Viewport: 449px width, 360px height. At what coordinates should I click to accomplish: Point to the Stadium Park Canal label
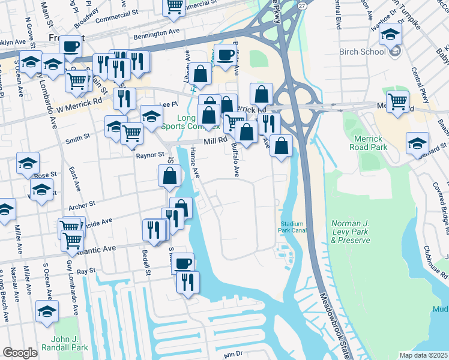coord(294,228)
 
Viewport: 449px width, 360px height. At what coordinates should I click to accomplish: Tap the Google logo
coord(20,353)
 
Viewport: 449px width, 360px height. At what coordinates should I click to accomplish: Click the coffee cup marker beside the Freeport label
coord(70,46)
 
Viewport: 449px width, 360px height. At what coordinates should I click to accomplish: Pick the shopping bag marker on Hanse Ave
coord(170,175)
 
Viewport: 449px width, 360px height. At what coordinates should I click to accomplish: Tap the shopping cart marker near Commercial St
coord(174,7)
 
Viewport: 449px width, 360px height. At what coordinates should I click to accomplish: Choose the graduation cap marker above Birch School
coord(390,35)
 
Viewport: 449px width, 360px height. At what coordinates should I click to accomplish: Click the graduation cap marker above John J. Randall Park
coord(47,311)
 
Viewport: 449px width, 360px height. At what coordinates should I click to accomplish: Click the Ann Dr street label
coord(232,355)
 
